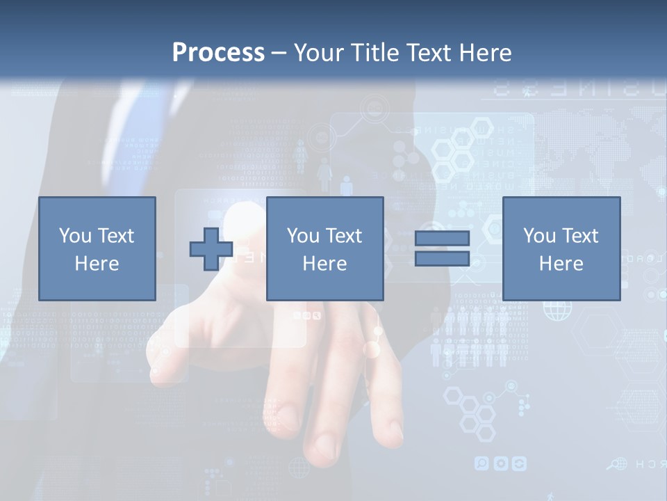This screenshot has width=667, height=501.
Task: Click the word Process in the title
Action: click(218, 53)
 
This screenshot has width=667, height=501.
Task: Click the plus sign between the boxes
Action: click(211, 249)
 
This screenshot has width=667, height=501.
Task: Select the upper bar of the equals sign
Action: click(442, 238)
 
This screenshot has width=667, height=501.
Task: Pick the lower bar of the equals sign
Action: click(442, 259)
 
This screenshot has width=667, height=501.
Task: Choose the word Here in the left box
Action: click(97, 264)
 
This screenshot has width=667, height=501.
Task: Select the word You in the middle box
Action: click(303, 236)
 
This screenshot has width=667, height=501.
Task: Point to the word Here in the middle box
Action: click(324, 264)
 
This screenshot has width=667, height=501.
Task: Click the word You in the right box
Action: click(539, 236)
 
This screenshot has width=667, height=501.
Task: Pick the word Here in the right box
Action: click(561, 264)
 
